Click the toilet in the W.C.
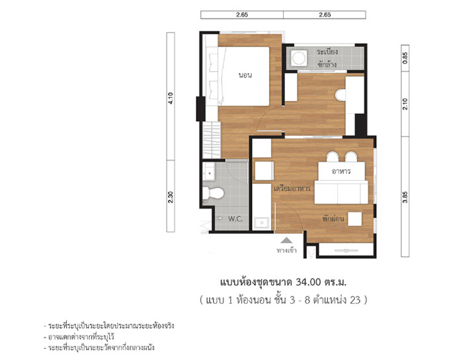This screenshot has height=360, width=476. pos(213,193)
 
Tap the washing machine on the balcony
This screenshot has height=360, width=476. pos(299,58)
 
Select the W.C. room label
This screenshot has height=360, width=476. pos(235,219)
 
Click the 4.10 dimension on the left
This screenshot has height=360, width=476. pos(171,98)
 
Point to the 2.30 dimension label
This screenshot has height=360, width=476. pos(171,197)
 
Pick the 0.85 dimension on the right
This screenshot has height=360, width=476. pos(405,58)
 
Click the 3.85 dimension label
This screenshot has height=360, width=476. pos(405,197)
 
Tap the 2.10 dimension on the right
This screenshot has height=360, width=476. pos(405,104)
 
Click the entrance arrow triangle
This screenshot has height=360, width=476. pos(286,240)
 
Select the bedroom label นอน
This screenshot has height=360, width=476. pos(245,75)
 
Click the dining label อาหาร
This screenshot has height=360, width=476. pos(341,171)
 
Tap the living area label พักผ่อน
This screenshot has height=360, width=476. pos(333,218)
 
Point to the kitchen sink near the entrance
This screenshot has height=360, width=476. pos(262,223)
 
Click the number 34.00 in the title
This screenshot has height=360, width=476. pos(308,282)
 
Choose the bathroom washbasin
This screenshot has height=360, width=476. pos(209,171)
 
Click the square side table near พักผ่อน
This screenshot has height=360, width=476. pos(354,219)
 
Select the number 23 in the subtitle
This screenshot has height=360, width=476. pos(355,300)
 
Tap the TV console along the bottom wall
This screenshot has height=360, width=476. pos(346,250)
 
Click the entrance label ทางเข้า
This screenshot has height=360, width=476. pos(286,251)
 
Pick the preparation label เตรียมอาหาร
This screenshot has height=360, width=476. pos(292,189)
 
